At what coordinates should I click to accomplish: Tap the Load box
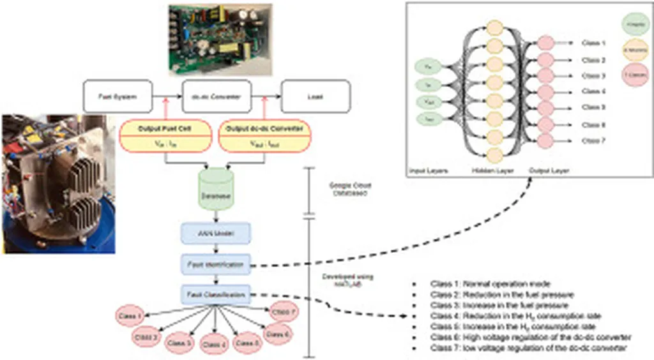pyautogui.click(x=316, y=96)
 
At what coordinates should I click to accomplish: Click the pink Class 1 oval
pyautogui.click(x=130, y=315)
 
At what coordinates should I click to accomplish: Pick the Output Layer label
pyautogui.click(x=549, y=172)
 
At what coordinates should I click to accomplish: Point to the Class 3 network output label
pyautogui.click(x=593, y=75)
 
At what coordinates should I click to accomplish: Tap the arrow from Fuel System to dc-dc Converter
pyautogui.click(x=168, y=96)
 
